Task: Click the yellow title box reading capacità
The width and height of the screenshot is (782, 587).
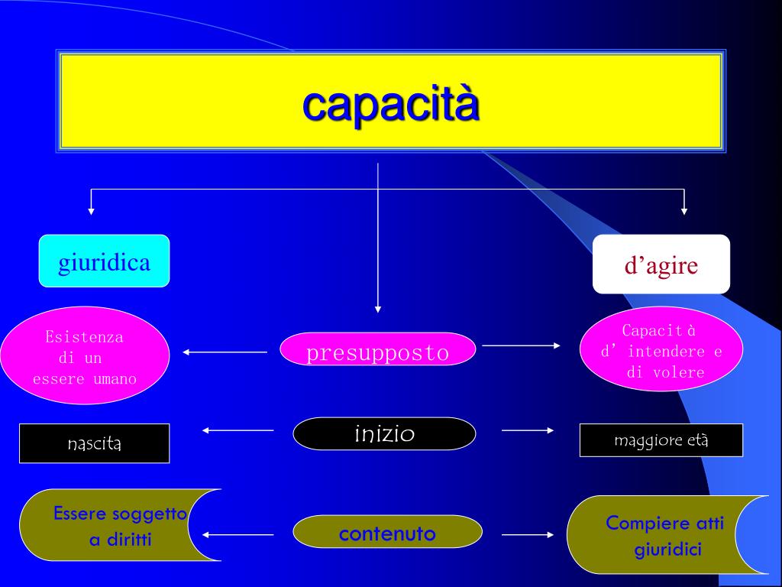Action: pyautogui.click(x=390, y=101)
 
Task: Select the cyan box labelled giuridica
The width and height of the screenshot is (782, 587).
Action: pyautogui.click(x=104, y=261)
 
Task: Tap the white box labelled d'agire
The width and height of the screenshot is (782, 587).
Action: pyautogui.click(x=661, y=264)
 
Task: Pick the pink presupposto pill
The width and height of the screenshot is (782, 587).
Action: pyautogui.click(x=377, y=350)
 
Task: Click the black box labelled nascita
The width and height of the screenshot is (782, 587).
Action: pyautogui.click(x=94, y=443)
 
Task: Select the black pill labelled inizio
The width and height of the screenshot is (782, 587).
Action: pyautogui.click(x=384, y=434)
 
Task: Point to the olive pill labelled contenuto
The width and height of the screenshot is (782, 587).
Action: pyautogui.click(x=387, y=532)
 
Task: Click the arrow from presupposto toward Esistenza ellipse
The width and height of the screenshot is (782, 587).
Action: pyautogui.click(x=225, y=352)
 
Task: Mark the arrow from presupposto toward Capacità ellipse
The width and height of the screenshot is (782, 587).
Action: pyautogui.click(x=522, y=345)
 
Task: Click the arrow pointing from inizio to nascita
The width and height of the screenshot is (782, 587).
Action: pyautogui.click(x=238, y=430)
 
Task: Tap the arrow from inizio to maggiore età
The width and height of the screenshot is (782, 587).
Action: pyautogui.click(x=528, y=430)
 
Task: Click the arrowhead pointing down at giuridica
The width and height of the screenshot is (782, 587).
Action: pyautogui.click(x=92, y=210)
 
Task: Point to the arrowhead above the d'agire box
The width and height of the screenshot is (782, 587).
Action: pyautogui.click(x=683, y=210)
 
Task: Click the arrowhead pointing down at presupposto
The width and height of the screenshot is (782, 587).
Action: pyautogui.click(x=378, y=309)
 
